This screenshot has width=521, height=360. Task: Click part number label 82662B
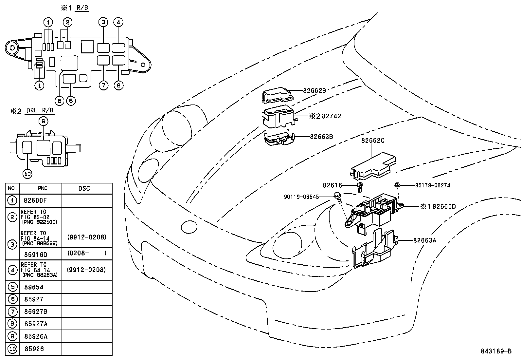(314, 91)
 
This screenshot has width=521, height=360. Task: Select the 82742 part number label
(331, 116)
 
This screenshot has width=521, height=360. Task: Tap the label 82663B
(321, 137)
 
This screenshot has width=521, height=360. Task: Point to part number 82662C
(373, 141)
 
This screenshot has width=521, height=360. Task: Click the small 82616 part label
(332, 185)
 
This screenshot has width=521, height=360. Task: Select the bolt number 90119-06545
(301, 197)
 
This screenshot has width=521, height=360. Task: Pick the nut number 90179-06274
(433, 185)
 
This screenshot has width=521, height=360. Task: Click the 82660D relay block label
(444, 206)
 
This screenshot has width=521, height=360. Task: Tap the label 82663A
(424, 240)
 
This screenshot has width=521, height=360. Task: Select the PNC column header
(42, 188)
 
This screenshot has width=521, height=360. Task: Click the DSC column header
(84, 188)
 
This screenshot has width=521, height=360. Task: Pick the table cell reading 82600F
(33, 200)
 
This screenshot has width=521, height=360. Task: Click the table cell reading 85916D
(36, 254)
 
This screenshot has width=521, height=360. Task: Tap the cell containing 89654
(34, 287)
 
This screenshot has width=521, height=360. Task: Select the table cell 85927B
(36, 312)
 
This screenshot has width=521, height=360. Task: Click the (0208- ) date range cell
(86, 253)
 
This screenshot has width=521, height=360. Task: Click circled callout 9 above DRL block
(43, 121)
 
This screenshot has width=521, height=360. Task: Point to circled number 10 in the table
(12, 349)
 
